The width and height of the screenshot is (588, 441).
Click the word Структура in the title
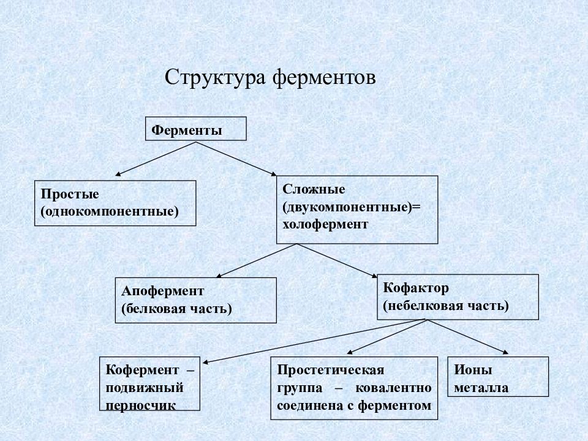pyautogui.click(x=215, y=78)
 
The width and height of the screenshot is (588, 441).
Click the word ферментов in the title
pyautogui.click(x=324, y=78)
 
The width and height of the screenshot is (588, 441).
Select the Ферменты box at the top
pyautogui.click(x=196, y=129)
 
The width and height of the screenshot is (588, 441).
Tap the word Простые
pyautogui.click(x=70, y=194)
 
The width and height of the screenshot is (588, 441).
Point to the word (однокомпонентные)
pyautogui.click(x=110, y=211)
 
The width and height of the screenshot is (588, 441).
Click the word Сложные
pyautogui.click(x=314, y=189)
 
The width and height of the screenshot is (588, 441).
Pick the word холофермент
pyautogui.click(x=325, y=224)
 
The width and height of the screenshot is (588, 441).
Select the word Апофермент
pyautogui.click(x=163, y=291)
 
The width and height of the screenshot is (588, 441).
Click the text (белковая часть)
pyautogui.click(x=176, y=309)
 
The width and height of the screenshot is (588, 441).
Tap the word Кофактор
pyautogui.click(x=416, y=288)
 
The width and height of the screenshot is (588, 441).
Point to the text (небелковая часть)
pyautogui.click(x=446, y=306)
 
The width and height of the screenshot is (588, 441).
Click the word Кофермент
pyautogui.click(x=142, y=370)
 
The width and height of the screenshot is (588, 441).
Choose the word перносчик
pyautogui.click(x=140, y=405)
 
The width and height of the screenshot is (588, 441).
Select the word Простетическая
pyautogui.click(x=331, y=370)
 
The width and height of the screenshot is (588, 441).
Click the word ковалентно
pyautogui.click(x=393, y=388)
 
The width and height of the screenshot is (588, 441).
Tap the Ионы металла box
pyautogui.click(x=498, y=377)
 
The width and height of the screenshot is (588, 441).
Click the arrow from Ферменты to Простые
pyautogui.click(x=156, y=159)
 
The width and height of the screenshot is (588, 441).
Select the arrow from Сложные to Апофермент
pyautogui.click(x=257, y=261)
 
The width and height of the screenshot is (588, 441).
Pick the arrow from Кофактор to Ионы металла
pyautogui.click(x=467, y=337)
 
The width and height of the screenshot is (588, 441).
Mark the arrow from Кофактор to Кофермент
pyautogui.click(x=314, y=341)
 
